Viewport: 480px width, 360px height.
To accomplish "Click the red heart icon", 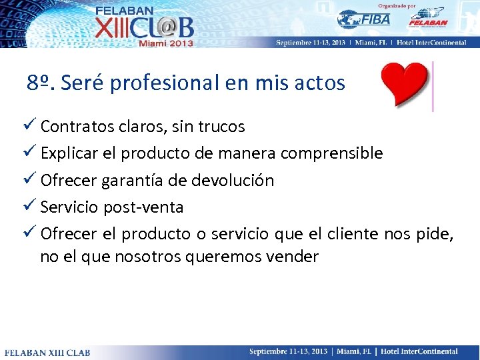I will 404,85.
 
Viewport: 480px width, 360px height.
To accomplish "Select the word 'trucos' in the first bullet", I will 221,127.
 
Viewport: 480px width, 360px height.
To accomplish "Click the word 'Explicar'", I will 69,153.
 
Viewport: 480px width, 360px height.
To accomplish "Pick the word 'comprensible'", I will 331,153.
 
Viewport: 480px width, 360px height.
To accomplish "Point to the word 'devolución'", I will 233,181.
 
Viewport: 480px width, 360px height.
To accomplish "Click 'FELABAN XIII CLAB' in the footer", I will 48,352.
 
